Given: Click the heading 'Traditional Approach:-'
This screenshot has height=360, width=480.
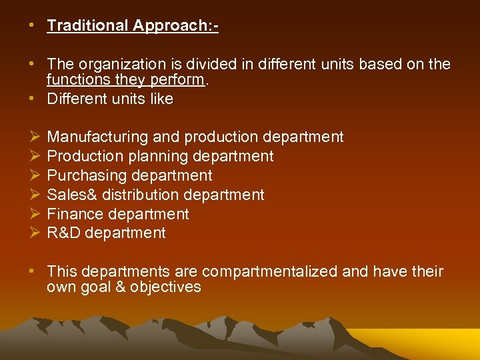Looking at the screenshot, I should coord(133,26).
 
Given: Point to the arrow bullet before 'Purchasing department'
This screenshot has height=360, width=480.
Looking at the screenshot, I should coord(35,176).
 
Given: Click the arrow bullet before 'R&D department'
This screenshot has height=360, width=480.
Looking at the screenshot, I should coord(35,233).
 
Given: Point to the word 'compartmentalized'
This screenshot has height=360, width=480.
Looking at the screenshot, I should coord(269,272).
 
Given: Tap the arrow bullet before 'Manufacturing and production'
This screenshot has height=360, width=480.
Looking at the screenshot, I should coord(35,137).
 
